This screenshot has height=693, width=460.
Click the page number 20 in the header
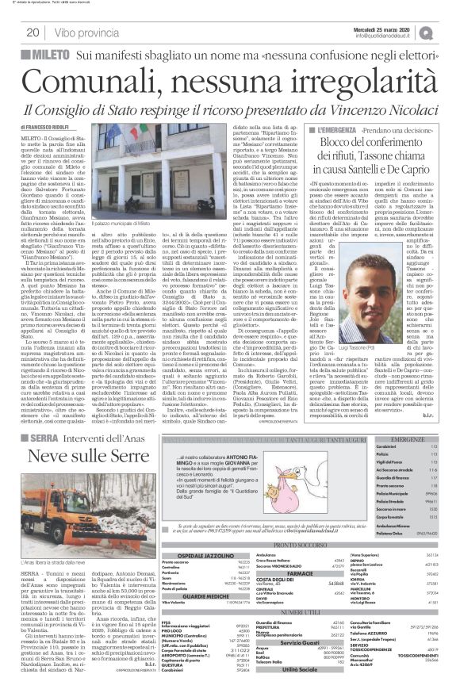point(33,33)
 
